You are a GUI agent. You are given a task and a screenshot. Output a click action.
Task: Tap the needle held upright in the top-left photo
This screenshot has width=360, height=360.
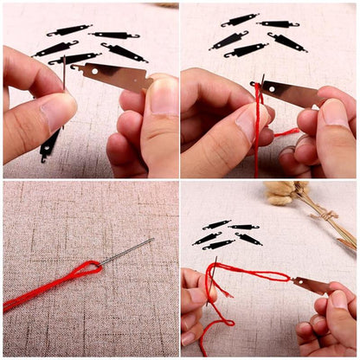tap(63, 73)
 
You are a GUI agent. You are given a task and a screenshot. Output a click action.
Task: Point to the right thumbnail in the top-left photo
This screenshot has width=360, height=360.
tap(162, 97)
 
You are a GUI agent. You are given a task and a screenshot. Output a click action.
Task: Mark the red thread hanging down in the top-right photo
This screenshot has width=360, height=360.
tap(257, 147)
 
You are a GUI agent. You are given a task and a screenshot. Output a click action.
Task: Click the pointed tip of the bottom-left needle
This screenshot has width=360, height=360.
tap(152, 240)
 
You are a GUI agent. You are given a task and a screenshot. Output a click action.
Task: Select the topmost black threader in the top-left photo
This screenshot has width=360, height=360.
tap(69, 30)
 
